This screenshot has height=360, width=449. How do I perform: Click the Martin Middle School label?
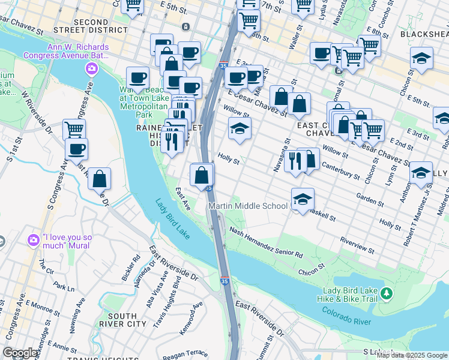tap(248, 206)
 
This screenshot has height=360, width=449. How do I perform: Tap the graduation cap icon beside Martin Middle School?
tap(303, 199)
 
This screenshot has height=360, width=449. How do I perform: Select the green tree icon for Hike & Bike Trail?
tap(388, 293)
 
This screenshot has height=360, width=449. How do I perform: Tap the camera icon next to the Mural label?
tap(34, 240)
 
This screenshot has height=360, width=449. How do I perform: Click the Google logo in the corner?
tap(20, 353)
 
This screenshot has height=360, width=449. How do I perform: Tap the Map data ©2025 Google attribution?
tap(412, 355)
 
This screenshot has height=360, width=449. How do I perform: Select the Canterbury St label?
tap(341, 170)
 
